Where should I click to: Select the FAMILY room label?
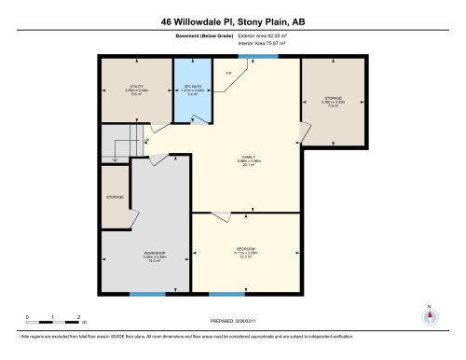tap(249, 158)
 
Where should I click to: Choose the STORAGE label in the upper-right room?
tap(334, 98)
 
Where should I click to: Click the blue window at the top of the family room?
tap(251, 57)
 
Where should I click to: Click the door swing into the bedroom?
tap(221, 218)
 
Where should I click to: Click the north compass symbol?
tap(430, 315)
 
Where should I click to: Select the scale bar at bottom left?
tap(54, 319)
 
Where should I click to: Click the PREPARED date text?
tap(233, 322)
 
